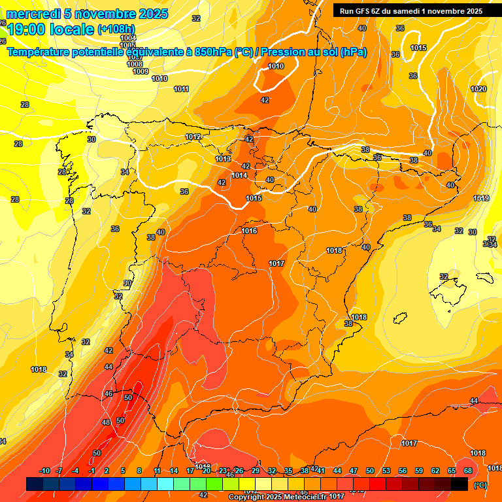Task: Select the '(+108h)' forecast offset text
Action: click(x=116, y=29)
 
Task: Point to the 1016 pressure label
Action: click(x=249, y=231)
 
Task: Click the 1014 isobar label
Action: click(x=239, y=175)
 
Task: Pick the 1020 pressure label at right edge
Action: click(x=478, y=89)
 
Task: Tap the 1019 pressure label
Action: click(x=481, y=198)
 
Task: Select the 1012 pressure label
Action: click(x=193, y=137)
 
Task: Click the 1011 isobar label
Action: click(x=181, y=89)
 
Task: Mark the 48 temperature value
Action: click(x=107, y=423)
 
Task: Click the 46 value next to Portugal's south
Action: click(x=109, y=394)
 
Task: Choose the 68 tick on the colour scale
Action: click(x=468, y=471)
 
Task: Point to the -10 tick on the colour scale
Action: click(x=45, y=471)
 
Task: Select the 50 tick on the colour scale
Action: click(x=370, y=471)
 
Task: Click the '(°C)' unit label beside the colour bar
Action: click(x=480, y=485)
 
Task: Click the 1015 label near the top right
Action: click(x=418, y=48)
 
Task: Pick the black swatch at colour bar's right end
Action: click(x=460, y=484)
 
